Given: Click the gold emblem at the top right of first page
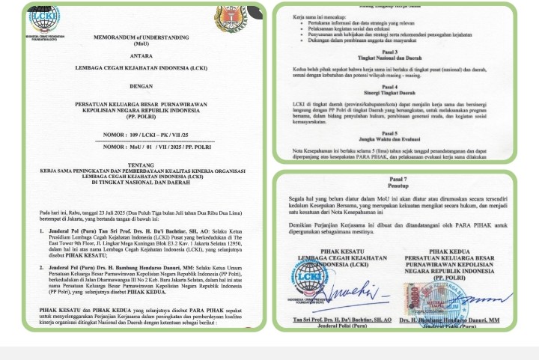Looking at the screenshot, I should click(x=230, y=19).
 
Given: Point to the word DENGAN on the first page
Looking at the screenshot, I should click(x=141, y=86).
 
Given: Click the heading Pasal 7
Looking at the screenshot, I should click(x=398, y=180).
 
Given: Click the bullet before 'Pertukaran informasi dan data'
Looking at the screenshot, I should click(x=299, y=22).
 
